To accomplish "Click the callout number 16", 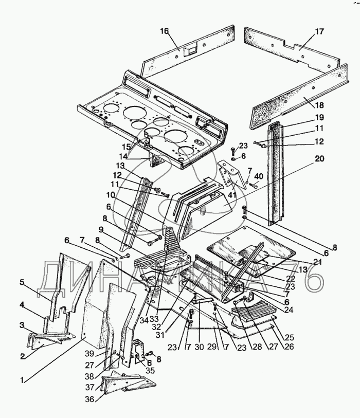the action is [165, 31].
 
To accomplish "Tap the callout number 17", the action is [319, 31].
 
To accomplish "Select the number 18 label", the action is [319, 105].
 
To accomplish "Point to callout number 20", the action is [319, 159].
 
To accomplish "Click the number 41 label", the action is [232, 195].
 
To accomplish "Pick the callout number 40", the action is [258, 176].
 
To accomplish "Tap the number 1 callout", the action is [23, 380].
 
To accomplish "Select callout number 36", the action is [91, 399].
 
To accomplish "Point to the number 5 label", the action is [23, 282].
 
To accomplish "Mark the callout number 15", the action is [127, 147].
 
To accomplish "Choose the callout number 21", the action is [317, 262].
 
